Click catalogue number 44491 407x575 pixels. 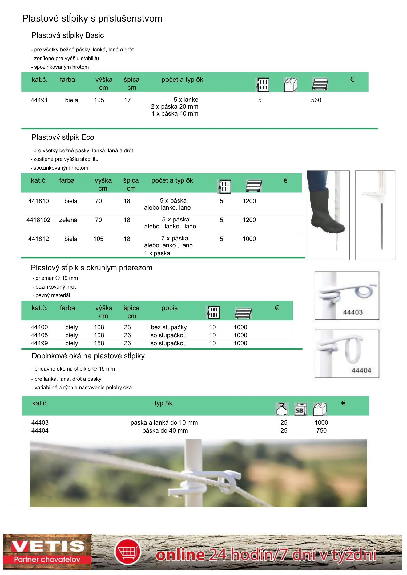coord(39,100)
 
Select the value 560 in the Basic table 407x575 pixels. coord(316,100)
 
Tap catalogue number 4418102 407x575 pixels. coord(38,220)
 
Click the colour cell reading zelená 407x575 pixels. coord(68,220)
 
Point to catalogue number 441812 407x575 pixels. coord(39,239)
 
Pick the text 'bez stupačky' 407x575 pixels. coord(169,327)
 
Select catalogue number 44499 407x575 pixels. coord(39,343)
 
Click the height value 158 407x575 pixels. coord(99,343)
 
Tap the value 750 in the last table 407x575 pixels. coord(321,431)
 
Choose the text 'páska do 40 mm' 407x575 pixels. coord(165,431)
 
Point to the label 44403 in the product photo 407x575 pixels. coord(353,312)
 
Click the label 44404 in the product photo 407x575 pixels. coord(361,370)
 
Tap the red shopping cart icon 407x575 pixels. coord(128,552)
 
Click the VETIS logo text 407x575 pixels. coord(47,546)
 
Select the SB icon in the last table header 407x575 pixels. coord(300,409)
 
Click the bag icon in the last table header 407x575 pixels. coord(281,409)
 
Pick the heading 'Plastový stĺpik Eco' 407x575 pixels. coord(63,137)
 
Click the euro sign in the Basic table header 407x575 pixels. coord(352,80)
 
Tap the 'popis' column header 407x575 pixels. coord(169,308)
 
